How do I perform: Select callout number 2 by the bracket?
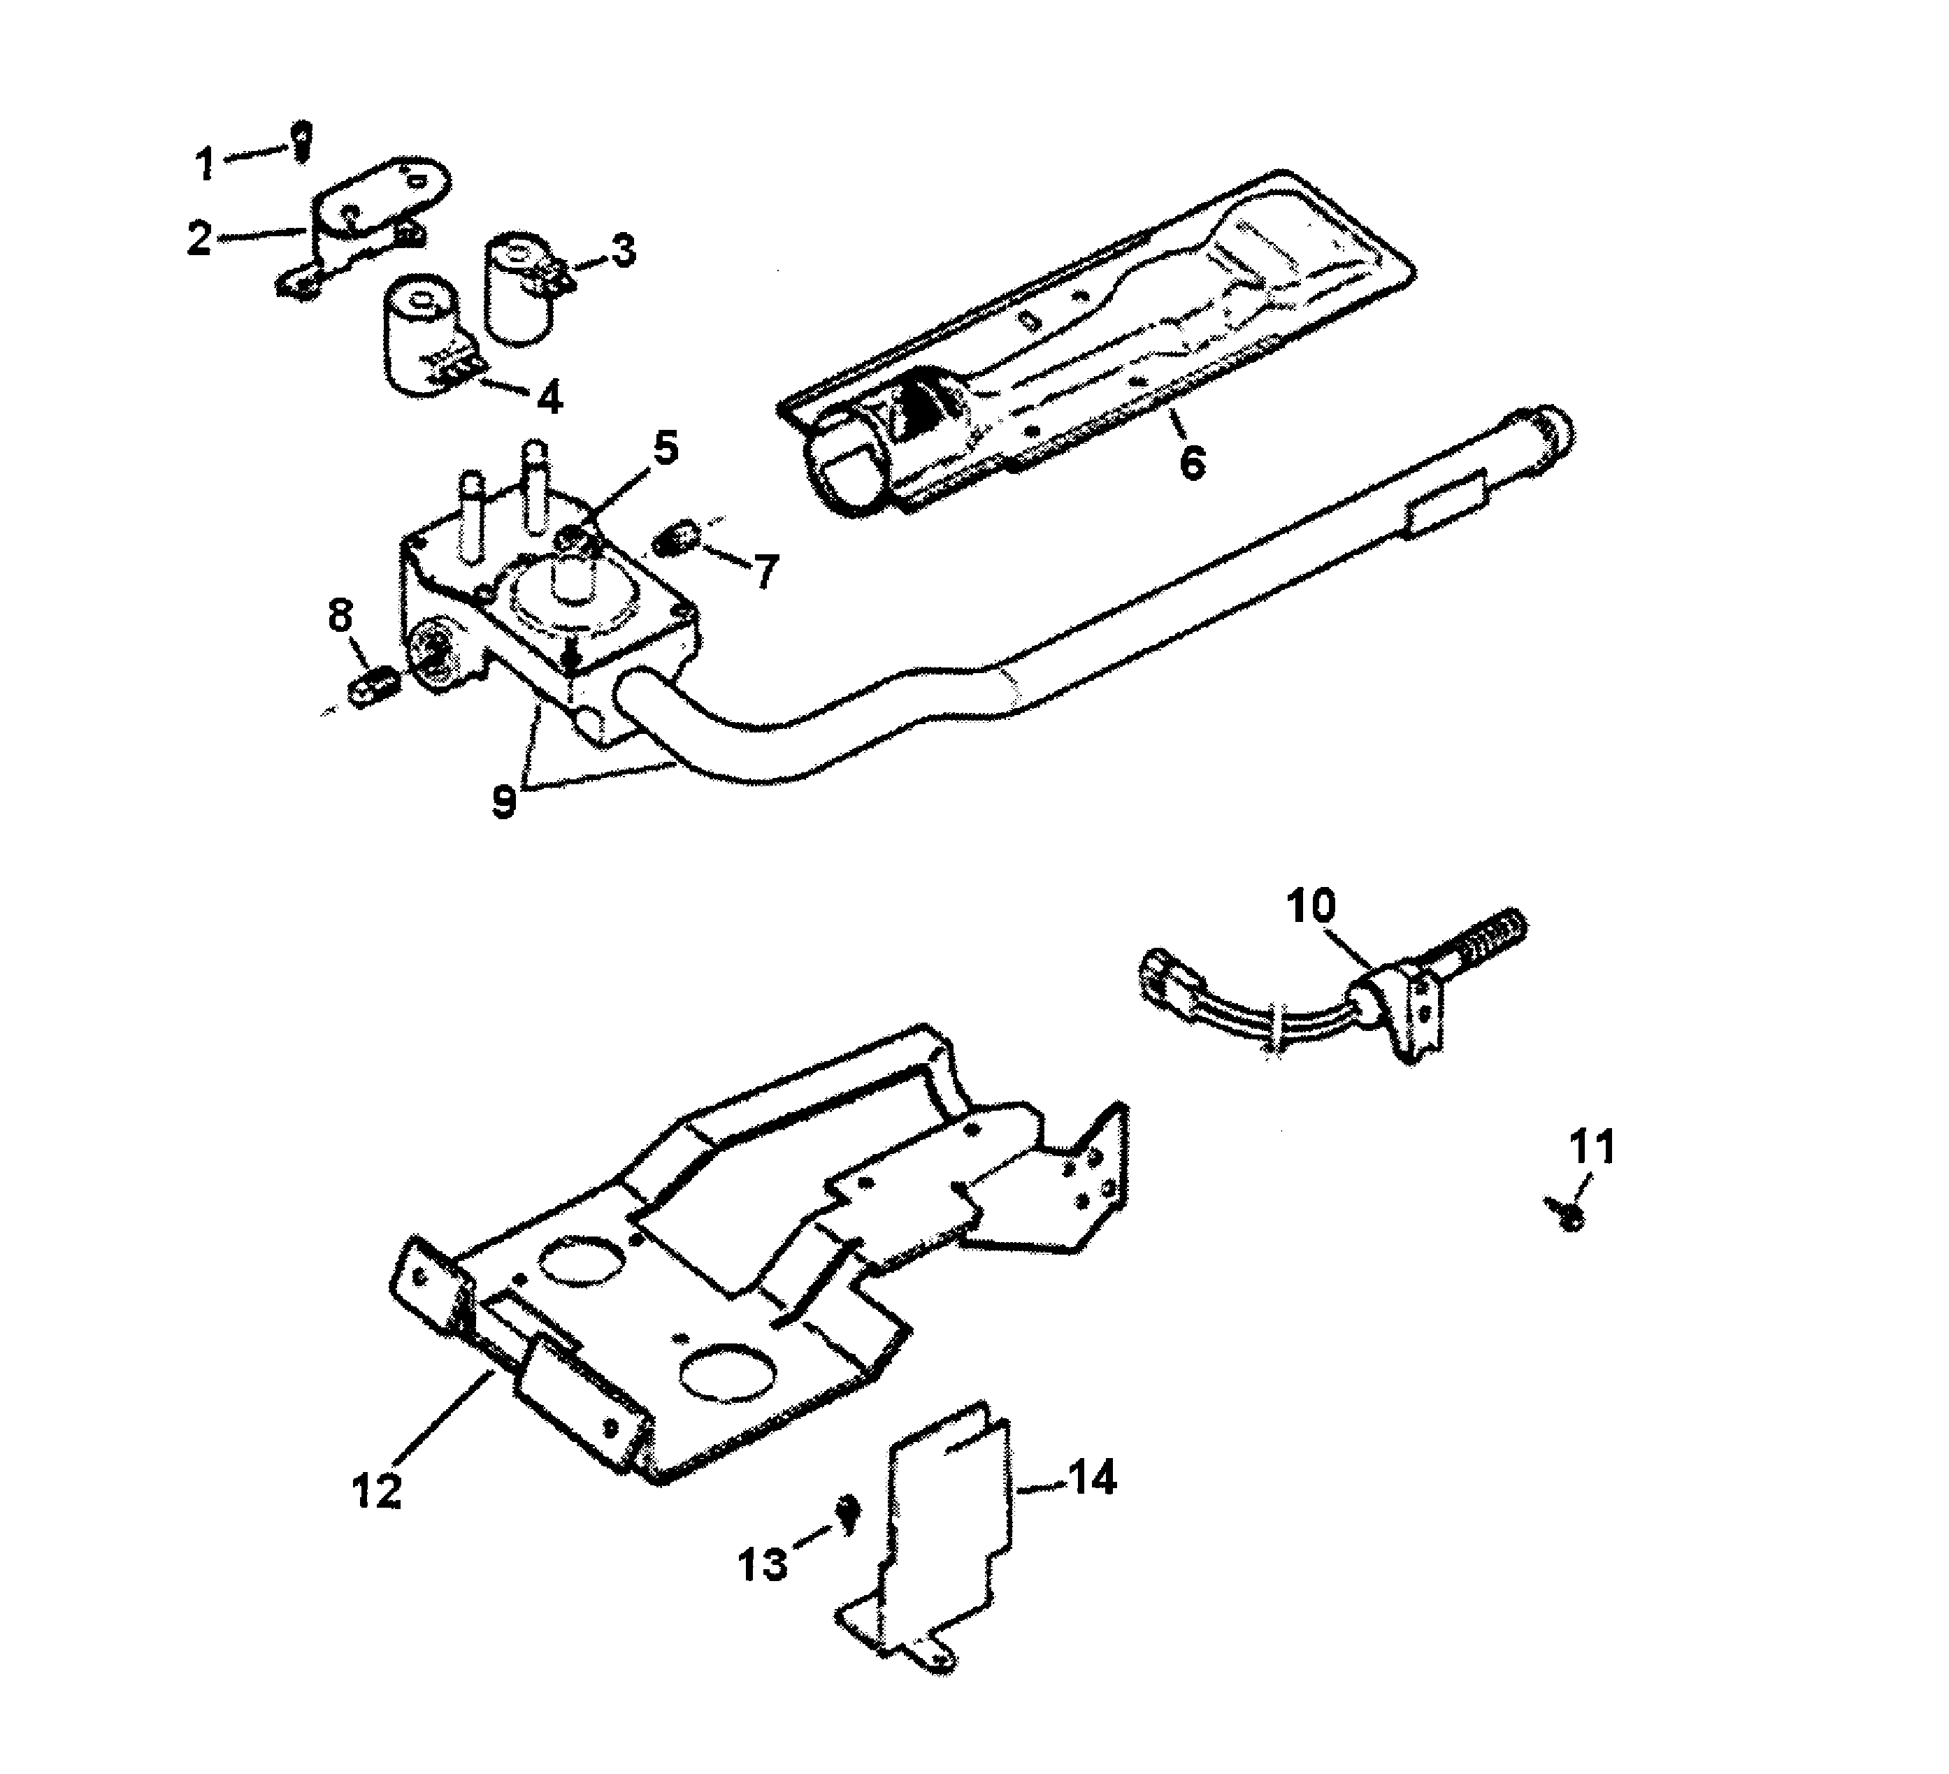pyautogui.click(x=199, y=238)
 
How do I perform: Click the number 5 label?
pyautogui.click(x=665, y=449)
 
